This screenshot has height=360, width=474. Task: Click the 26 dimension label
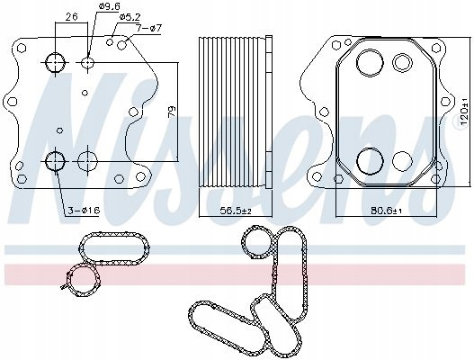72,16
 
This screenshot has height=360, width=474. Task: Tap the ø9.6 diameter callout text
108,5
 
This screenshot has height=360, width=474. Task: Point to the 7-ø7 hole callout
148,29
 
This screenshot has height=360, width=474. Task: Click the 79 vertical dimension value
172,112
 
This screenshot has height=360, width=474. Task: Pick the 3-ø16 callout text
83,211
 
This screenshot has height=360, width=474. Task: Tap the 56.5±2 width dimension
236,211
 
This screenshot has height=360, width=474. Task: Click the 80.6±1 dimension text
387,211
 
